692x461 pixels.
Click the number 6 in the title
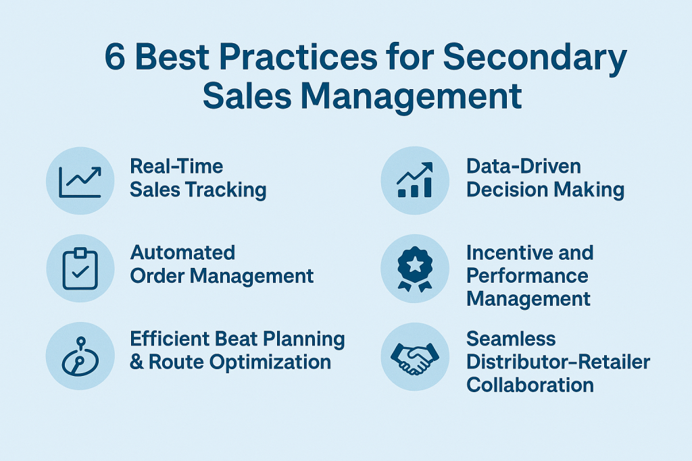(115, 57)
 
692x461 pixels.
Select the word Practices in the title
(298, 57)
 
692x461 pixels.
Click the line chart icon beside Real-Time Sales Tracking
(80, 182)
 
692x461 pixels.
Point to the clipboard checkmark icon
(80, 269)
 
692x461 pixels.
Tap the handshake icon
(415, 358)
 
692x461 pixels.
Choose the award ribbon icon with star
(415, 269)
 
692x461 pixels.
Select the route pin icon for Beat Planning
(80, 356)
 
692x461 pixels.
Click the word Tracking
(226, 190)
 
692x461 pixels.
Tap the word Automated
(182, 253)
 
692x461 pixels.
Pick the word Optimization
(270, 362)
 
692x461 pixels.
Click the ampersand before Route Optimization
(137, 362)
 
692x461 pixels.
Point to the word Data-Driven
(524, 167)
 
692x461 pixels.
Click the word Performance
(527, 276)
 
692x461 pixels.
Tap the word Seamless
(511, 339)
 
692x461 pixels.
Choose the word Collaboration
(530, 385)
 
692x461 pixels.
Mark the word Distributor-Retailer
(558, 362)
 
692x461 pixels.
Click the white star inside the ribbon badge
(415, 265)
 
